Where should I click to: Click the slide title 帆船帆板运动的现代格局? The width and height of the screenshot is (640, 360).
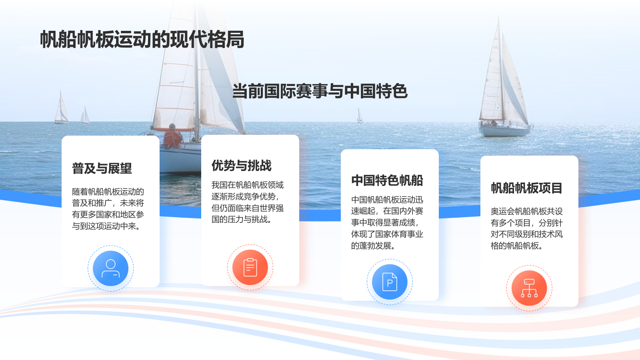coord(142,40)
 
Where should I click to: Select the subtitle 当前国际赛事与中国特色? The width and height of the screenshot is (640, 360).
coord(320,91)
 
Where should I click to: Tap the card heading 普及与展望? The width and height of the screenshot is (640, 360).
coord(102,168)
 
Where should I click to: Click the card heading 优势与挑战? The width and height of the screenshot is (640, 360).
coord(242,166)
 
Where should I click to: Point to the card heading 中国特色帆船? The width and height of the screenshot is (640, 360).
coord(387,180)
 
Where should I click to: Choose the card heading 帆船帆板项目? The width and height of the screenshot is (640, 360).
coord(527,188)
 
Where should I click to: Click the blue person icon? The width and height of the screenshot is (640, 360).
coord(111,268)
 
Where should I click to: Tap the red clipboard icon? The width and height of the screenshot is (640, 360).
coord(250,268)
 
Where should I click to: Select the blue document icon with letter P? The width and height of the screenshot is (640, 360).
coord(390,282)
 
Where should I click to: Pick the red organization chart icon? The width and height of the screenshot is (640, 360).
coord(529,288)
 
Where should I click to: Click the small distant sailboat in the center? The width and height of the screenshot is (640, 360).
coord(360,116)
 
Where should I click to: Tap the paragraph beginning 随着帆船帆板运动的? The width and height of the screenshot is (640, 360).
coord(108,209)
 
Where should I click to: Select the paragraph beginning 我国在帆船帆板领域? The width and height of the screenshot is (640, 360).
coord(248,202)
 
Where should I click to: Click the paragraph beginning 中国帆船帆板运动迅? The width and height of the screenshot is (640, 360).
coord(387,222)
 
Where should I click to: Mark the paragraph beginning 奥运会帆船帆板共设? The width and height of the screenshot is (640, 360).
coord(527,228)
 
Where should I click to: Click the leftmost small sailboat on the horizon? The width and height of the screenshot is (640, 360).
coord(61,108)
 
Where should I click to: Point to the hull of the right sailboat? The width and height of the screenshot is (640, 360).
coord(505,130)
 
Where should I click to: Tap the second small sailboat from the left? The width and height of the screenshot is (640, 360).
coord(85,115)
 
